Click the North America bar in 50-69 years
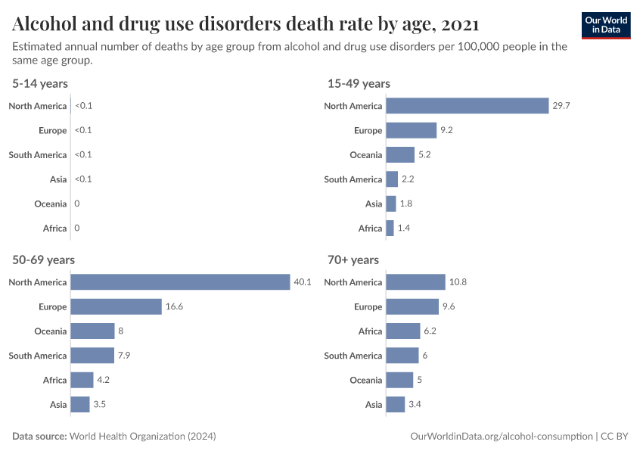[180, 282]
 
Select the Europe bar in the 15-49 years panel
[411, 130]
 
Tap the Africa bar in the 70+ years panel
[402, 331]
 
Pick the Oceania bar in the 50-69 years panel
[92, 331]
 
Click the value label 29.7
[561, 106]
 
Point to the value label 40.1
[302, 282]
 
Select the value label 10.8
[458, 282]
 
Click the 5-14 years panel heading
[40, 83]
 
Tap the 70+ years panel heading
[353, 260]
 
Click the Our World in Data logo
[605, 24]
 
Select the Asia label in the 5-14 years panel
[58, 179]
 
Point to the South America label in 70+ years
[353, 356]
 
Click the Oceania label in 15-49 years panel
[366, 155]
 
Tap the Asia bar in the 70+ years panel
[395, 404]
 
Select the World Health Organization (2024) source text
[142, 437]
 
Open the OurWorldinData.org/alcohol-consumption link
[501, 437]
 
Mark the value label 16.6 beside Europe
[175, 306]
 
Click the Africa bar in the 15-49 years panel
[390, 228]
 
